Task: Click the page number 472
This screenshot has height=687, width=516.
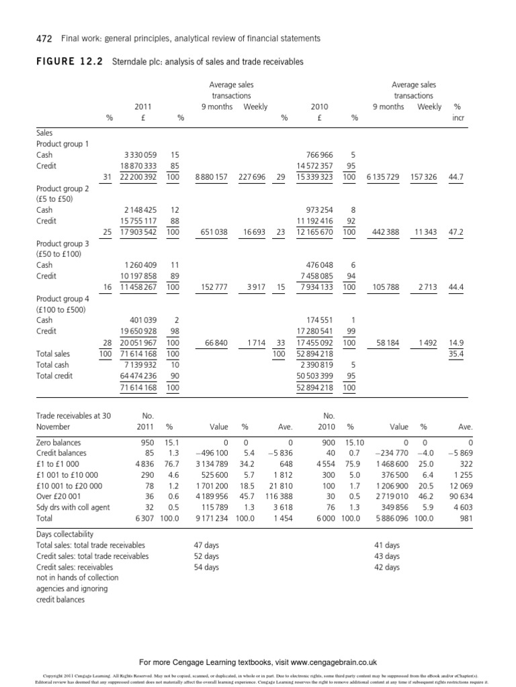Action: (26, 39)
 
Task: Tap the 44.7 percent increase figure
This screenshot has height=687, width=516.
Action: (458, 176)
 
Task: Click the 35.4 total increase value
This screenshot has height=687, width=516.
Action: (458, 354)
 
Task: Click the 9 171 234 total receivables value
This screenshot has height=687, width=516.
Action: (210, 519)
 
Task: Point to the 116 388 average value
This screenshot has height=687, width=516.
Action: (281, 497)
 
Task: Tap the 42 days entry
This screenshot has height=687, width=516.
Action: (386, 567)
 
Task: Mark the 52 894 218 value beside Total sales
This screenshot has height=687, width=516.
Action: (320, 354)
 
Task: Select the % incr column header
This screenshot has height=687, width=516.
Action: (458, 112)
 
